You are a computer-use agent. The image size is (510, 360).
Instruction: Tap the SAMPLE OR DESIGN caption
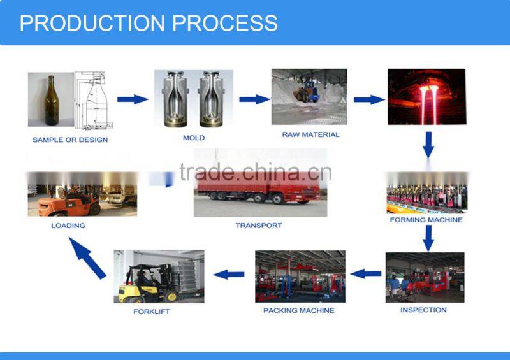click(x=70, y=140)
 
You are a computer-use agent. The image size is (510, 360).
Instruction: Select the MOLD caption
click(x=193, y=138)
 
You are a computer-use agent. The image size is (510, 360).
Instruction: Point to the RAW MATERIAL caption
click(x=310, y=134)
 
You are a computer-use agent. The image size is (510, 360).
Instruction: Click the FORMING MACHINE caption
click(x=426, y=220)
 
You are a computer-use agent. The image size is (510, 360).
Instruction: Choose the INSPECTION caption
click(x=423, y=310)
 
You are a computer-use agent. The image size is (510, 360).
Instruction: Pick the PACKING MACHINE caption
click(x=298, y=310)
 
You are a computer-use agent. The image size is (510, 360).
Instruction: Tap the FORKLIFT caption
click(x=152, y=312)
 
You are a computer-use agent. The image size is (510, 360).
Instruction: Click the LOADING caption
click(x=68, y=226)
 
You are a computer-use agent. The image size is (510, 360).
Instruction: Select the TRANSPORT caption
click(x=258, y=226)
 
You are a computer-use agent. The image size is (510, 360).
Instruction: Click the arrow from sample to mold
click(x=133, y=99)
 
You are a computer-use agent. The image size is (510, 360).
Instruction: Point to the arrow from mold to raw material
click(x=254, y=99)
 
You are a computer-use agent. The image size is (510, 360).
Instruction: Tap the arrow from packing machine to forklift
click(x=229, y=275)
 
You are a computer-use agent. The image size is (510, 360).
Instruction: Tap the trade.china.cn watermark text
click(x=254, y=172)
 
